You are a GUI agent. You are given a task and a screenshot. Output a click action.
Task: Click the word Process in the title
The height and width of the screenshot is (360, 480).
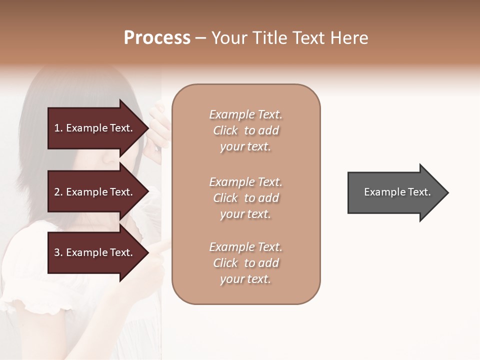tap(157, 37)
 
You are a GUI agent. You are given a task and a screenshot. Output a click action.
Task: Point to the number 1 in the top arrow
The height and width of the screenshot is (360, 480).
tap(57, 128)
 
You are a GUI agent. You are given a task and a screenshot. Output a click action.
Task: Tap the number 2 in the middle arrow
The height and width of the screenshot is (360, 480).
tap(57, 192)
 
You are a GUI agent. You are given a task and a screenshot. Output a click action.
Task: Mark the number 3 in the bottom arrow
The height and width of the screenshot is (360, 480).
tap(57, 252)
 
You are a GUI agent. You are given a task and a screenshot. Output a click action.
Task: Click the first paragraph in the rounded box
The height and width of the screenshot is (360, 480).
tap(245, 130)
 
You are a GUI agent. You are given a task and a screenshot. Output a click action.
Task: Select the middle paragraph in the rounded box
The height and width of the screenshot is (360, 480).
tap(245, 198)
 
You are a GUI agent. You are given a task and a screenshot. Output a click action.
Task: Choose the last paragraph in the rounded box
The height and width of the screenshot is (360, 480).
tap(245, 263)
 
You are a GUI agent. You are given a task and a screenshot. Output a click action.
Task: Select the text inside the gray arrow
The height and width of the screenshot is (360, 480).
tap(397, 192)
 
